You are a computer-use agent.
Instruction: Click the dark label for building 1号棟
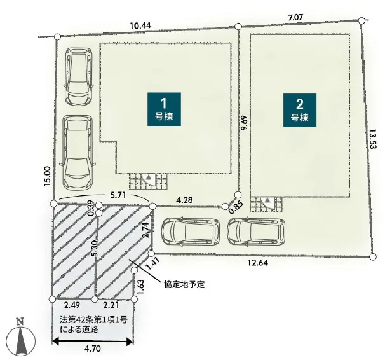[x=165, y=109]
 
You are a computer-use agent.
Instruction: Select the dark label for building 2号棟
[x=300, y=110]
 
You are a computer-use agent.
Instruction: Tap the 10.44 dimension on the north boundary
[x=140, y=25]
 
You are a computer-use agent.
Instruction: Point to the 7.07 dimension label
[x=295, y=17]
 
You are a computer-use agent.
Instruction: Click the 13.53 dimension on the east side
[x=373, y=139]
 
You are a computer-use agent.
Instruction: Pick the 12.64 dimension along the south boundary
[x=258, y=263]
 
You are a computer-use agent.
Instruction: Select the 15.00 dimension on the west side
[x=48, y=176]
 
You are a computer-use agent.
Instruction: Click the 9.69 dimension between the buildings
[x=245, y=123]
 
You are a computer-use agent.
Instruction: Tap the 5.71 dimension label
[x=118, y=195]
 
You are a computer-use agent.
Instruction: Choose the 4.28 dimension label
[x=184, y=200]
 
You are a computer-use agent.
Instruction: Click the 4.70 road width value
[x=93, y=349]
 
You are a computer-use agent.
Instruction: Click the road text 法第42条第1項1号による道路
[x=94, y=324]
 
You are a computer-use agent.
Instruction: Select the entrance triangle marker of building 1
[x=149, y=177]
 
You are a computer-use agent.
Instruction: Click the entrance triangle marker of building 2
[x=268, y=200]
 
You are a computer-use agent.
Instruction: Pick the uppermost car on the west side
[x=78, y=76]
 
